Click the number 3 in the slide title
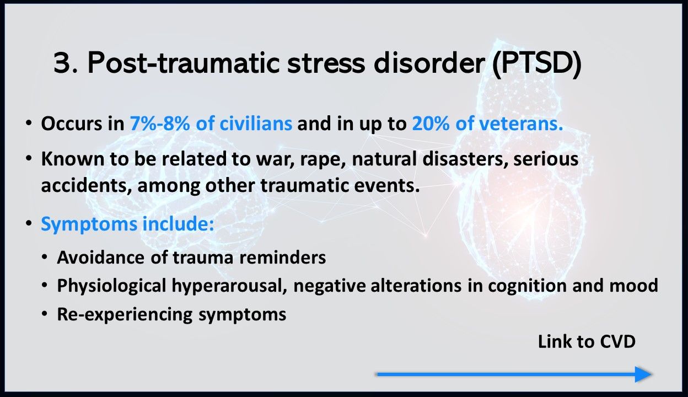tap(63, 63)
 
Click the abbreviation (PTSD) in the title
tap(537, 63)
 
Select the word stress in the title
tap(326, 63)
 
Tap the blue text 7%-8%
tap(160, 124)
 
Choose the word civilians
tap(256, 124)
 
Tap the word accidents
tap(84, 186)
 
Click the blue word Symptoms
tap(89, 224)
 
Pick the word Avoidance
tap(100, 257)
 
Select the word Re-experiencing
tap(125, 315)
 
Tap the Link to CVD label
tap(587, 342)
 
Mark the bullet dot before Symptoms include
tap(29, 223)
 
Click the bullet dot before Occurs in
tap(29, 124)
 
